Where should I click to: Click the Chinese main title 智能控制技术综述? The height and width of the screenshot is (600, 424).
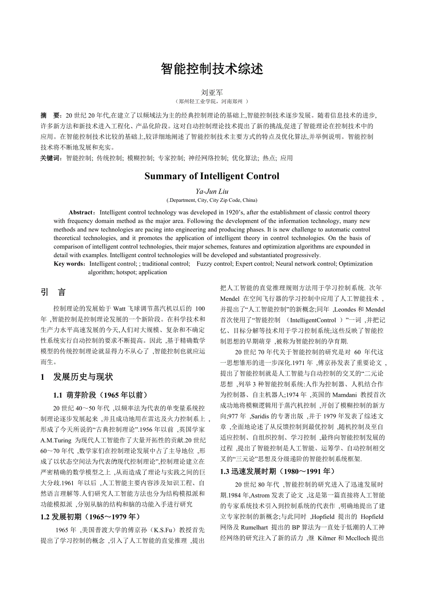coord(212,69)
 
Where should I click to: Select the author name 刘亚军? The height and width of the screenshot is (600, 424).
coord(212,93)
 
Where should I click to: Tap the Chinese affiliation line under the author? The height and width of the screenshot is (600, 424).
coord(212,101)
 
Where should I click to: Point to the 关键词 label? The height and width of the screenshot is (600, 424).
coord(51,158)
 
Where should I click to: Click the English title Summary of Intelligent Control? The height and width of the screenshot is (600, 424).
coord(212,176)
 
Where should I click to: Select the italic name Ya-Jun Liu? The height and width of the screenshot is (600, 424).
coord(212,191)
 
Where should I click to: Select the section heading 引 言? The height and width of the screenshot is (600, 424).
coord(53,292)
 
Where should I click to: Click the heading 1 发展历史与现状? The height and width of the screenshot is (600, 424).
coord(77,377)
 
